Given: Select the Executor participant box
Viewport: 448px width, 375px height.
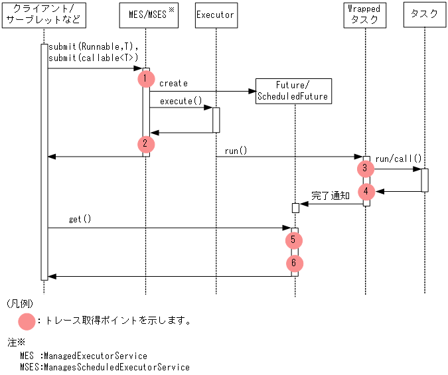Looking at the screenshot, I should click(216, 15).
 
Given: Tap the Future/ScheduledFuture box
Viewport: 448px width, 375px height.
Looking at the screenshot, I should click(293, 90).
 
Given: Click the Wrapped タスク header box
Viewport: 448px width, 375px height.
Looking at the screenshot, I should click(364, 15).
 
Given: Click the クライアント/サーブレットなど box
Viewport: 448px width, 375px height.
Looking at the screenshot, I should click(44, 15).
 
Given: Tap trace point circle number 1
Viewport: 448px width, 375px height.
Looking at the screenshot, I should click(146, 78).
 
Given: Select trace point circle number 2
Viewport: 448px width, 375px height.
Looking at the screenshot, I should click(146, 143).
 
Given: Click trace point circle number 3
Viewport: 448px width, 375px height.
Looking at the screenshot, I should click(364, 168).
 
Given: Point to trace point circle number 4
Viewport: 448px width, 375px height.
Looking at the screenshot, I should click(364, 192).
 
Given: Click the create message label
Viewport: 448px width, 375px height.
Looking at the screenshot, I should click(173, 84).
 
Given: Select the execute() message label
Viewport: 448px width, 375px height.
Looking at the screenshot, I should click(181, 101).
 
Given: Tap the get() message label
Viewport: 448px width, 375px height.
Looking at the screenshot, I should click(80, 219).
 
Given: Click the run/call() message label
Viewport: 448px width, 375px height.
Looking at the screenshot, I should click(398, 159).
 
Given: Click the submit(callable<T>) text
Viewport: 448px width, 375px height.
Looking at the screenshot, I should click(93, 58).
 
